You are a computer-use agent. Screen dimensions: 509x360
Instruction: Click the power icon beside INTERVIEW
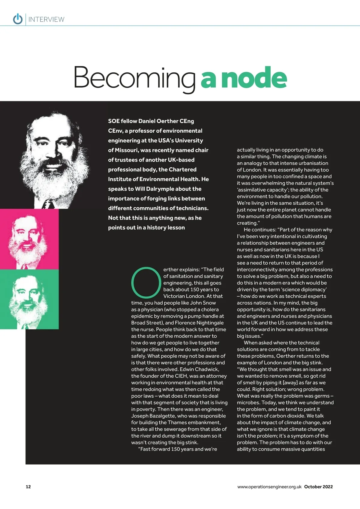[x=18, y=19]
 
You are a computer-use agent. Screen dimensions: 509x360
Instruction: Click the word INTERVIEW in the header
[x=46, y=20]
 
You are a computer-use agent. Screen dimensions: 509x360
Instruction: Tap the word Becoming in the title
[x=134, y=78]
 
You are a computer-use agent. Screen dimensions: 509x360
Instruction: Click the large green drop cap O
[x=146, y=283]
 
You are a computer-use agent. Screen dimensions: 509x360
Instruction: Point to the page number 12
[x=28, y=486]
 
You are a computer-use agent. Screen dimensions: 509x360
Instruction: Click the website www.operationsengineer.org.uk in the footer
[x=269, y=487]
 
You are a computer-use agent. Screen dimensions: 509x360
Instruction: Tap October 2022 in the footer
[x=318, y=487]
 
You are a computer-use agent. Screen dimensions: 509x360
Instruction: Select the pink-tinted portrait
[x=29, y=239]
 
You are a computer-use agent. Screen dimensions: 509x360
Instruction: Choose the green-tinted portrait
[x=29, y=299]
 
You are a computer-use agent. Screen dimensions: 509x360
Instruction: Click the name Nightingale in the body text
[x=210, y=323]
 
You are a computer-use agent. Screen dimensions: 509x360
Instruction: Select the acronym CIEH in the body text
[x=181, y=376]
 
